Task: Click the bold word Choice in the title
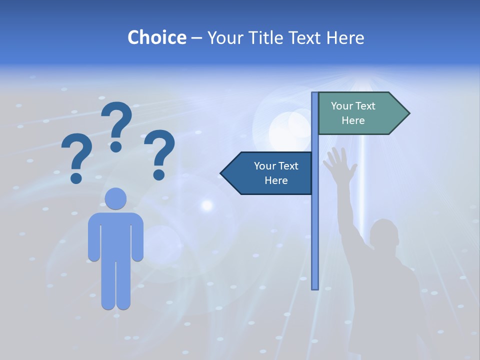pyautogui.click(x=156, y=37)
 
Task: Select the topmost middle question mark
pyautogui.click(x=116, y=125)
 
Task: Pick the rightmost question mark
pyautogui.click(x=159, y=153)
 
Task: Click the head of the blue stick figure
pyautogui.click(x=115, y=198)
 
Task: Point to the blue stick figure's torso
pyautogui.click(x=115, y=235)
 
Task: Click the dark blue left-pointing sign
pyautogui.click(x=270, y=173)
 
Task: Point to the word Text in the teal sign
pyautogui.click(x=365, y=106)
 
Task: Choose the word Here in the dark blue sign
pyautogui.click(x=276, y=180)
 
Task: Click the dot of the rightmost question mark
pyautogui.click(x=159, y=174)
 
